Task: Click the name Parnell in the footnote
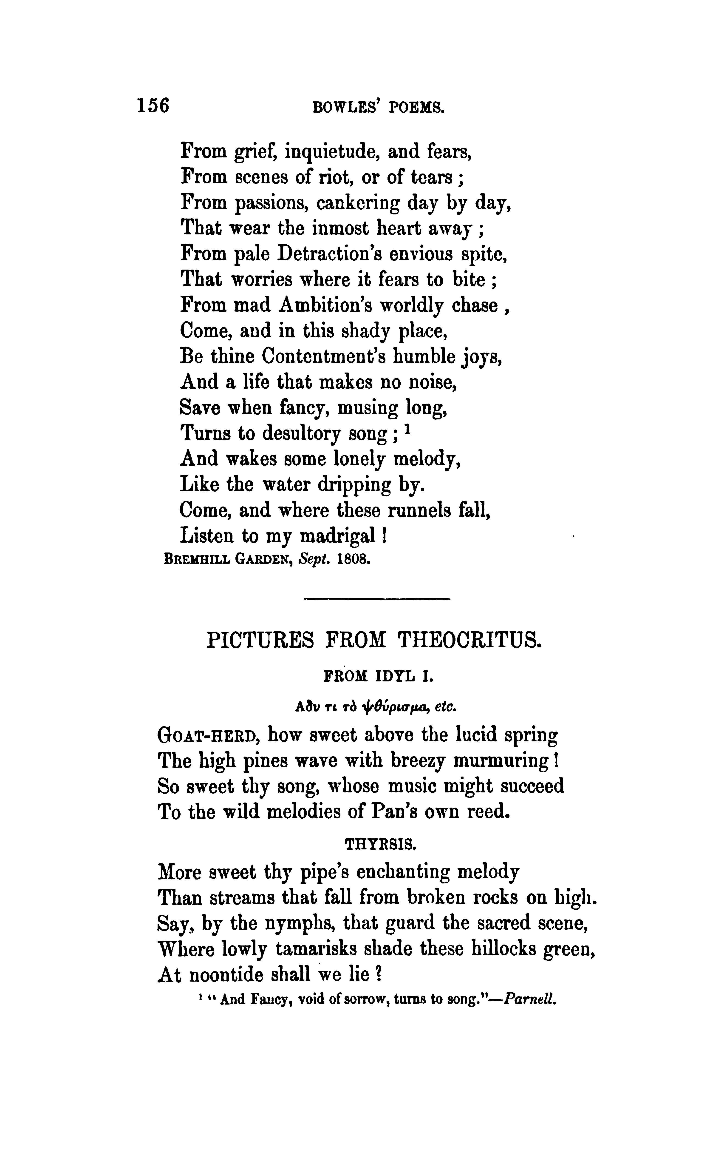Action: click(531, 999)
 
